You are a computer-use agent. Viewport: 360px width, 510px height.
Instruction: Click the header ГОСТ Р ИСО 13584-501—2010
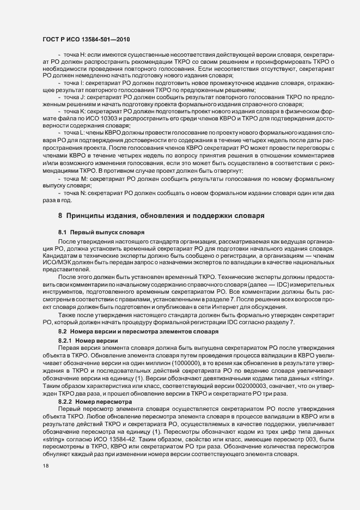click(x=86, y=40)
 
